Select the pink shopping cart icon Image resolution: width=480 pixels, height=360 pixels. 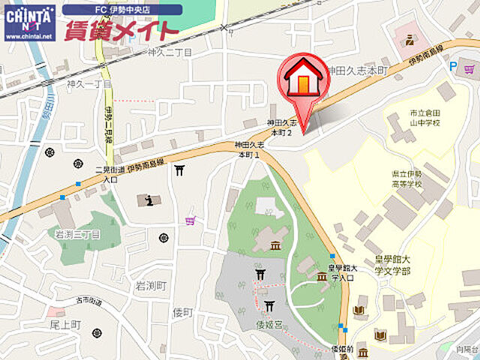click(190, 220)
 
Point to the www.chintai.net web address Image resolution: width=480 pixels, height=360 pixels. click(29, 35)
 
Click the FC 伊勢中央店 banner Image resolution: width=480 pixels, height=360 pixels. click(121, 10)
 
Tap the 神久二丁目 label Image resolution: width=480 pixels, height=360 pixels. click(170, 52)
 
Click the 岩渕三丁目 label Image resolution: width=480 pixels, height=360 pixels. click(77, 234)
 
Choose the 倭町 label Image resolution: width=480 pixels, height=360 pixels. click(183, 312)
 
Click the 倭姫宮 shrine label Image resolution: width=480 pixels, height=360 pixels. click(268, 325)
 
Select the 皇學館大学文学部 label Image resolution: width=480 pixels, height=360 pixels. click(392, 264)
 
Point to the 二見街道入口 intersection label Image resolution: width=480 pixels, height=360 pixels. click(110, 175)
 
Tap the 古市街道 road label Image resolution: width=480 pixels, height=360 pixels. click(88, 301)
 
